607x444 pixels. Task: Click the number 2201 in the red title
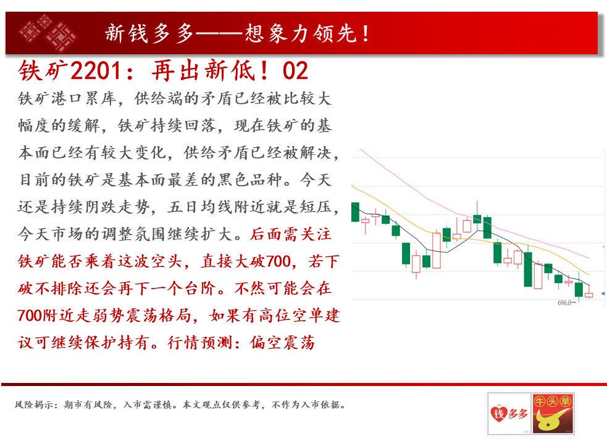tap(96, 70)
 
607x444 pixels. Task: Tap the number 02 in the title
tap(295, 71)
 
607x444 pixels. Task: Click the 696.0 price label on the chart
tap(564, 303)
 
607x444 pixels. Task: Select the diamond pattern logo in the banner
tap(48, 33)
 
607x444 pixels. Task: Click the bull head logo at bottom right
tap(553, 413)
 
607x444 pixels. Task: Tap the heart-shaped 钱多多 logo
tap(509, 414)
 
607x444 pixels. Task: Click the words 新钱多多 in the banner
tap(149, 33)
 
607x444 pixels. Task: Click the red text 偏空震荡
tap(283, 343)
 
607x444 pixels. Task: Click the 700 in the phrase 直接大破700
tap(278, 261)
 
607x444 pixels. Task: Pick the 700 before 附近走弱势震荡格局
tap(30, 316)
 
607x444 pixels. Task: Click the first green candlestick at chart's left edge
tap(355, 212)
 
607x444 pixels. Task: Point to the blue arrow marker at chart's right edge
tap(602, 294)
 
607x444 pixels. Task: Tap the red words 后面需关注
tap(290, 234)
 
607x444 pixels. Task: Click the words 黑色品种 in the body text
tap(249, 180)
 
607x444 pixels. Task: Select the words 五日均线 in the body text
tap(199, 207)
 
